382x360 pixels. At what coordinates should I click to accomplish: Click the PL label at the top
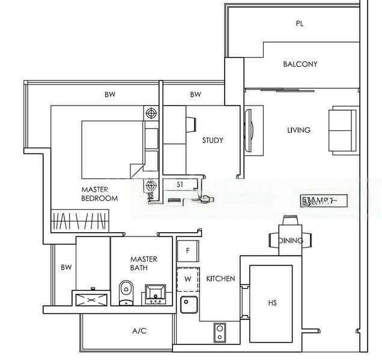pos(299,24)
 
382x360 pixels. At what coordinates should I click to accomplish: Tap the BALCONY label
pos(300,64)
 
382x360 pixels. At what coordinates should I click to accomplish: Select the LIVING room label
pos(299,130)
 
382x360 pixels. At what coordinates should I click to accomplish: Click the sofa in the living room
pos(341,129)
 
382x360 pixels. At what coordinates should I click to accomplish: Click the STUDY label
pos(212,140)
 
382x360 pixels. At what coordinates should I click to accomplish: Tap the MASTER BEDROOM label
pos(99,194)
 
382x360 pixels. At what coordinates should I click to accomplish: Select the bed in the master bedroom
pos(114,144)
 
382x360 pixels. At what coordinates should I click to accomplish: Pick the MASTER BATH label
pos(144,263)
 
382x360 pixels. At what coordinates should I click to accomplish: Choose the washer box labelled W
pos(188,278)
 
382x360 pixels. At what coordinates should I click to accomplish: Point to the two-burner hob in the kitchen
pos(219,331)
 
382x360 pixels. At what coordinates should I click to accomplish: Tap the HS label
pos(272,303)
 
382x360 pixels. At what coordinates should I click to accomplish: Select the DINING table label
pos(291,241)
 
